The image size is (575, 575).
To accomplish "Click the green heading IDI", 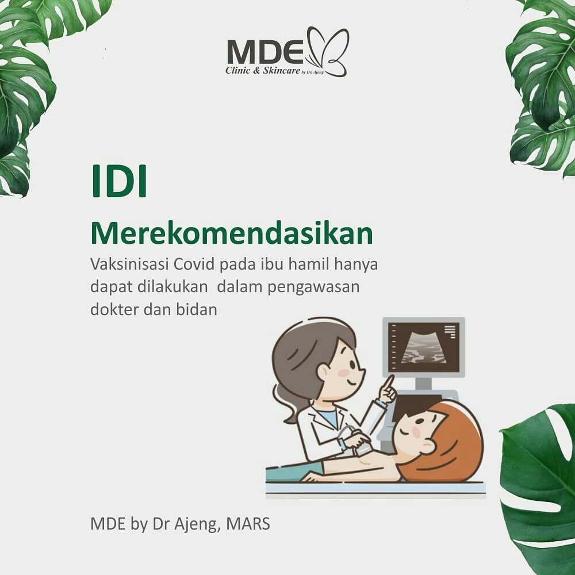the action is tap(119, 182).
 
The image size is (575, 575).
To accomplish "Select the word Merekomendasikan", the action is tap(232, 233).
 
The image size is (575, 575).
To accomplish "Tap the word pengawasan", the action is tap(313, 287).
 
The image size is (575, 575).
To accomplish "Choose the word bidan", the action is tap(197, 309).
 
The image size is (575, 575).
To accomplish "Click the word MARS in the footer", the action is tap(248, 524).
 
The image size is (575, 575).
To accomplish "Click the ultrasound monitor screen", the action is tap(424, 347).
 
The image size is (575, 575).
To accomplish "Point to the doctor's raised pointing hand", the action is tap(387, 389).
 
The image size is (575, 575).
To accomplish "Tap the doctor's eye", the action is tap(352, 365).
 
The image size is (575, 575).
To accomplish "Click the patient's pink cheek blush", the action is tap(416, 432).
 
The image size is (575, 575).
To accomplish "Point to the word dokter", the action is tap(114, 309).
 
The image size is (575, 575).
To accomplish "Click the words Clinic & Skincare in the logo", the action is tap(263, 70).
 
